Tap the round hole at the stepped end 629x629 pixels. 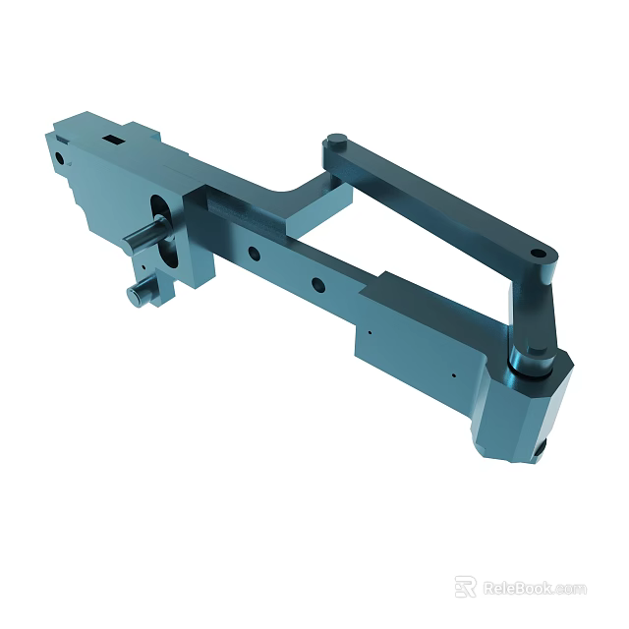click(61, 155)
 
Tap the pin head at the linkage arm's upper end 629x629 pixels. click(336, 141)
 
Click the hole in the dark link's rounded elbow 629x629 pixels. click(540, 257)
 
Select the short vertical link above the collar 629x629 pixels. click(531, 314)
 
